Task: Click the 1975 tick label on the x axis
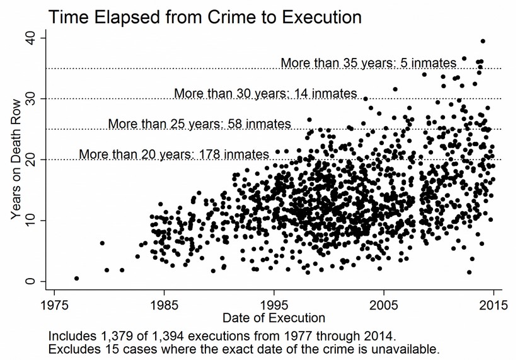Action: (x=55, y=304)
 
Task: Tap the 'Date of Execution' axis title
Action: (x=274, y=317)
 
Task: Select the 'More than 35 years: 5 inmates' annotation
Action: (x=368, y=63)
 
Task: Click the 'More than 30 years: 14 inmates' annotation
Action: (x=265, y=93)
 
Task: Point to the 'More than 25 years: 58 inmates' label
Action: (x=199, y=124)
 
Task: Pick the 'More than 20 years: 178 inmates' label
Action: (x=174, y=154)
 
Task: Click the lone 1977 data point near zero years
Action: (x=76, y=278)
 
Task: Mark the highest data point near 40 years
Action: (x=483, y=41)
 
